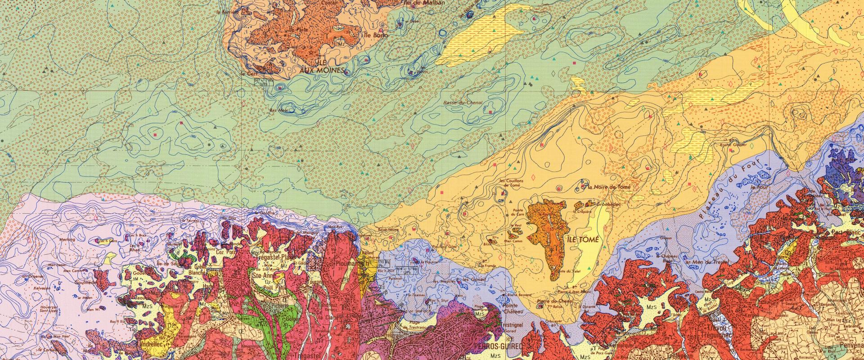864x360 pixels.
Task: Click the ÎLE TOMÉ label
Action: click(584, 240)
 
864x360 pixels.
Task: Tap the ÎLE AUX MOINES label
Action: click(323, 67)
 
